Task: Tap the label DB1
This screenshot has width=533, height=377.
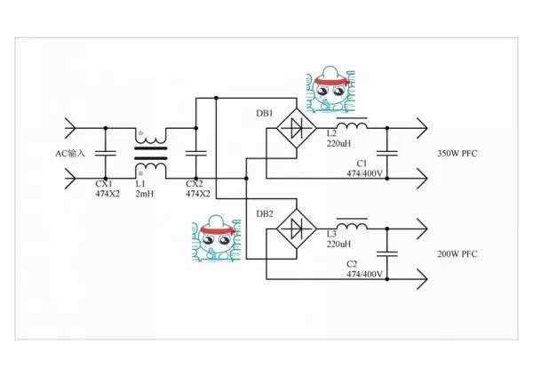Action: [x=263, y=113]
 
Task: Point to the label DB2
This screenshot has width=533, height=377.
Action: [x=263, y=213]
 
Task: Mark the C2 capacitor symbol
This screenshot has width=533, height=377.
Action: [x=387, y=253]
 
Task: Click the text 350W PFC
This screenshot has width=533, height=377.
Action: [x=457, y=154]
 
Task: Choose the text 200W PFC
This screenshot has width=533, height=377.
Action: [x=457, y=254]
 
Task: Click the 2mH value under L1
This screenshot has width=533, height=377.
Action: [x=146, y=193]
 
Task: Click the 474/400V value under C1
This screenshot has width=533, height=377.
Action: [x=364, y=174]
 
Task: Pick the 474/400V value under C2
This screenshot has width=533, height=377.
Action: [x=364, y=275]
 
